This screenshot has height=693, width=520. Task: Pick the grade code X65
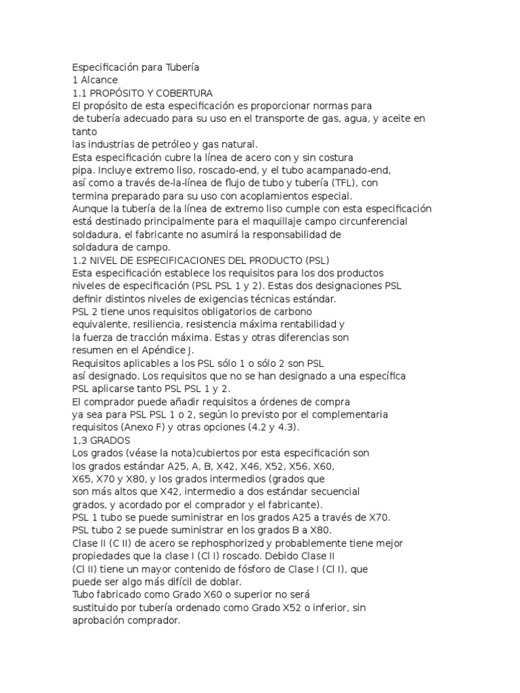coord(83,478)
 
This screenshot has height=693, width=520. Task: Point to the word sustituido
coord(96,608)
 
